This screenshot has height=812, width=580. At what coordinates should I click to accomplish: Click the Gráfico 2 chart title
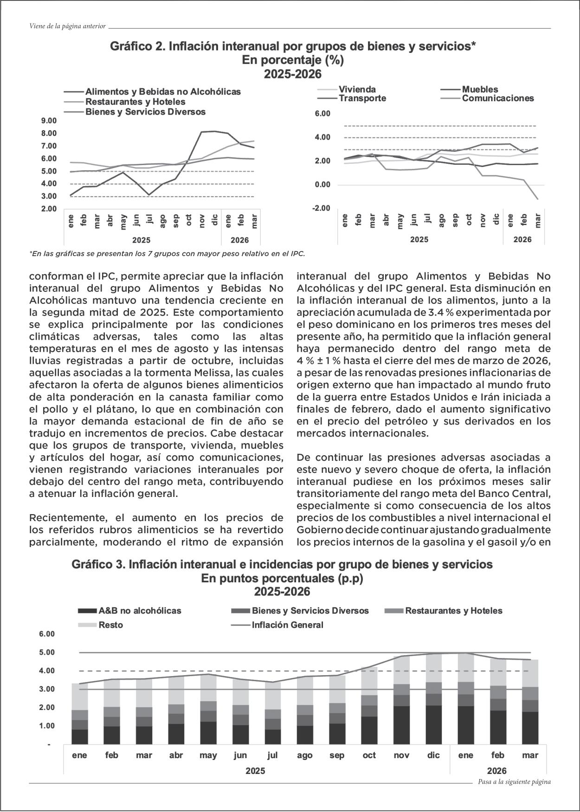coord(293,47)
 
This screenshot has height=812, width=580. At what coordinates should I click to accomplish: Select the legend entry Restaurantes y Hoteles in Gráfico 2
coord(135,102)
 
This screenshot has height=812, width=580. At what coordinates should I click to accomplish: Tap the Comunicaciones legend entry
coord(497,98)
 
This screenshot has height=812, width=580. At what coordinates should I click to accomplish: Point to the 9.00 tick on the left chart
coord(49,121)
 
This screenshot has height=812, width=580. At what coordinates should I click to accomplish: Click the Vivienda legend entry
coord(357,90)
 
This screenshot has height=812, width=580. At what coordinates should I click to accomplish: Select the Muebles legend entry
coord(480,90)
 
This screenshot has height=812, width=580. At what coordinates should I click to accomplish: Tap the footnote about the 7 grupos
coord(167,254)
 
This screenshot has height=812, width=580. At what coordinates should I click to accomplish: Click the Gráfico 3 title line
coord(282,565)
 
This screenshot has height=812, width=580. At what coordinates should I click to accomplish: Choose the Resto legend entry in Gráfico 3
coord(110,625)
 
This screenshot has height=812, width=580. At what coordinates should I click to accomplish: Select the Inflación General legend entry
coord(287,625)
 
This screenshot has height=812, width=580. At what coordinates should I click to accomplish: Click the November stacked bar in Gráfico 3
coord(401,701)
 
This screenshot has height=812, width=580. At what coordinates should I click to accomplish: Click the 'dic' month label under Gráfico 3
coord(433,755)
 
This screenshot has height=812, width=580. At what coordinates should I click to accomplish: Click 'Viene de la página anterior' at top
coord(67,26)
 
